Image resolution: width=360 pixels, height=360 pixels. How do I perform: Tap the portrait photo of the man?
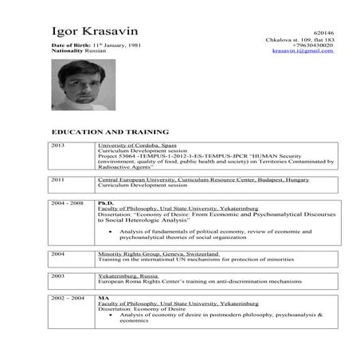click(x=76, y=85)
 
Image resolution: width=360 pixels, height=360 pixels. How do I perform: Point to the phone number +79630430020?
click(x=312, y=45)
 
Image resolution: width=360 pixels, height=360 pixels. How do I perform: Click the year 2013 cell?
click(x=57, y=147)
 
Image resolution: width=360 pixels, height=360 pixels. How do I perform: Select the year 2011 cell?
click(x=57, y=181)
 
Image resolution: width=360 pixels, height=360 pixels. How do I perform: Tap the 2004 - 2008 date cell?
click(x=66, y=204)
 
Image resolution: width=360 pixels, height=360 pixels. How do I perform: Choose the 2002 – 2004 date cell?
click(x=66, y=297)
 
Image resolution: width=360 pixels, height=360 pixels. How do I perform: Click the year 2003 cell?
click(x=57, y=274)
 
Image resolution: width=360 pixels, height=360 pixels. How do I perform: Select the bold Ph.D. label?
click(x=105, y=204)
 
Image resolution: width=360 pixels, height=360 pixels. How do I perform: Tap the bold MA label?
click(x=102, y=297)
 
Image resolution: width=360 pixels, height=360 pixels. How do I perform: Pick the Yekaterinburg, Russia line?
click(x=127, y=274)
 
